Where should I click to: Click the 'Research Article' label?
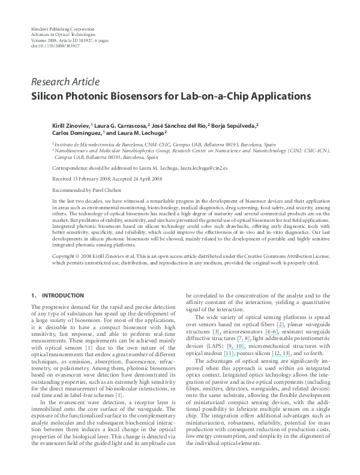[65, 82]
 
